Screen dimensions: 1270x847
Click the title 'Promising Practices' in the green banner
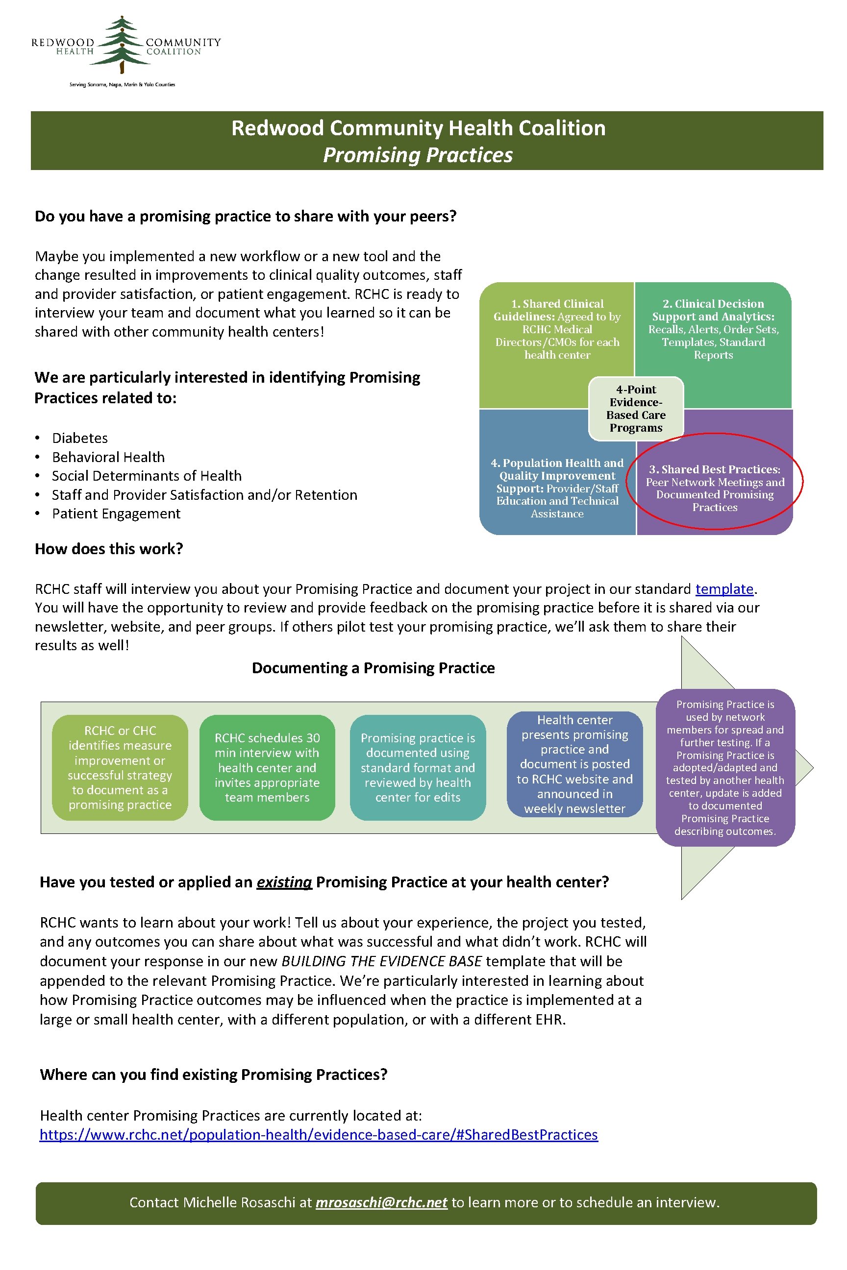tap(418, 155)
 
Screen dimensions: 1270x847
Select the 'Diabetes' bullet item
tap(80, 438)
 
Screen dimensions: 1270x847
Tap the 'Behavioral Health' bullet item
tap(108, 457)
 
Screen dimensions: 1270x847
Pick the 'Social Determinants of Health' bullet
tap(147, 476)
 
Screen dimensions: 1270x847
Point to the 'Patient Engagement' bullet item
tap(116, 513)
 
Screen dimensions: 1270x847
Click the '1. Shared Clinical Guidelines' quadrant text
tap(557, 329)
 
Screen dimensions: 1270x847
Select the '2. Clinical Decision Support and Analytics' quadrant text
tap(713, 329)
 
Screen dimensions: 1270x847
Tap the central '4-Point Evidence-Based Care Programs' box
tap(636, 408)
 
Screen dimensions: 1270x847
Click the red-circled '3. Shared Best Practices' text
tap(715, 488)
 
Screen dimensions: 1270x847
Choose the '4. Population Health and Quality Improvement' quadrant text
tap(557, 488)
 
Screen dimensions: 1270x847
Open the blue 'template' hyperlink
tap(724, 588)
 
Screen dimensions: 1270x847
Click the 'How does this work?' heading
tap(109, 549)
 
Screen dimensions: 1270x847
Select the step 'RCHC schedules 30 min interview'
tap(267, 767)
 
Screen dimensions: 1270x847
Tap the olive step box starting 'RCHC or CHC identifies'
tap(120, 767)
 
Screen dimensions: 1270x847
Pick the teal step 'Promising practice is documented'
tap(418, 767)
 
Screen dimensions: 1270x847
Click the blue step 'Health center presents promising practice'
tap(574, 763)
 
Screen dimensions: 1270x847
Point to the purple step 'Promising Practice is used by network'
tap(725, 767)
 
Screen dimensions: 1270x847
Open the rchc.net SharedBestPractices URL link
tap(319, 1134)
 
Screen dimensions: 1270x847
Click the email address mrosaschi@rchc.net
tap(381, 1202)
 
